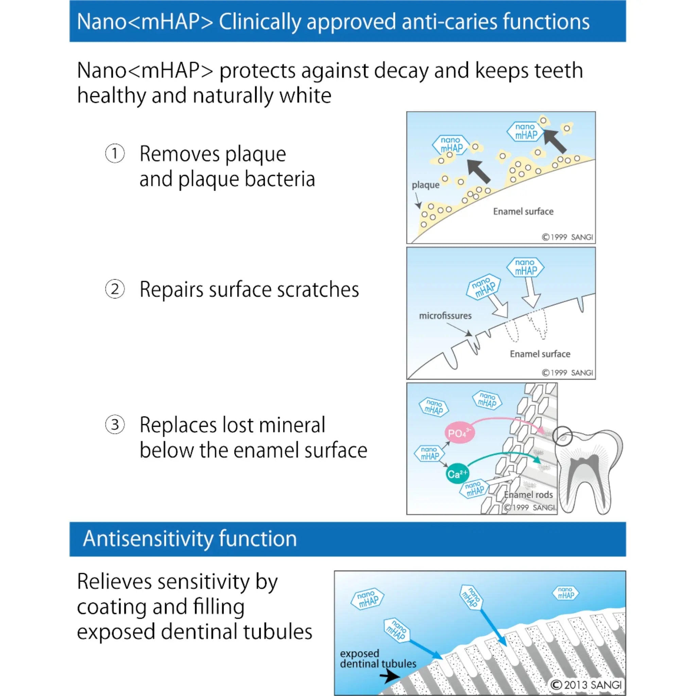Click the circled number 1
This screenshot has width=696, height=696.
115,154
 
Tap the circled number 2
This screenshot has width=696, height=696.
115,289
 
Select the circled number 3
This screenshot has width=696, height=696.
115,424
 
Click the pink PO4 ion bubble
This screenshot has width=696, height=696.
459,433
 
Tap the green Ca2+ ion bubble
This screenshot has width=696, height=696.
457,474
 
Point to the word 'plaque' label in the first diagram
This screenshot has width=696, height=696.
425,185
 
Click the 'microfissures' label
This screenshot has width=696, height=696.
445,316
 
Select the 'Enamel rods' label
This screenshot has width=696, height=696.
528,494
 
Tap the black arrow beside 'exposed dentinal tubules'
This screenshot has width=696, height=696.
389,676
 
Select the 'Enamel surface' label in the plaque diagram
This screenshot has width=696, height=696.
523,211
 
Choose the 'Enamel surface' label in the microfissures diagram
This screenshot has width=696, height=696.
540,354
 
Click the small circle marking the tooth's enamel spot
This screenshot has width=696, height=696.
562,436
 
